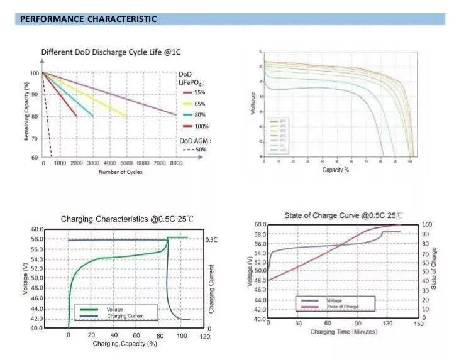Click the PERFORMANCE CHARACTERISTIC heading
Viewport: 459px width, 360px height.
pyautogui.click(x=88, y=19)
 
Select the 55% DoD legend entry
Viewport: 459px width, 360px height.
pyautogui.click(x=200, y=92)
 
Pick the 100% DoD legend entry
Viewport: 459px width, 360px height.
pyautogui.click(x=201, y=126)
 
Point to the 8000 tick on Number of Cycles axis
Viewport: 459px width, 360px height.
pyautogui.click(x=175, y=163)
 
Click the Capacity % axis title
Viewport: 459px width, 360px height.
pyautogui.click(x=335, y=170)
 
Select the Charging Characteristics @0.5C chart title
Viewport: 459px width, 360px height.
pyautogui.click(x=127, y=220)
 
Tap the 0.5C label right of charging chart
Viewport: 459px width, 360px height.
pyautogui.click(x=211, y=240)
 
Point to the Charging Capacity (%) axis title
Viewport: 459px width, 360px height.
pyautogui.click(x=124, y=344)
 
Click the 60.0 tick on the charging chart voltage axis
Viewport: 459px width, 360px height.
pyautogui.click(x=36, y=229)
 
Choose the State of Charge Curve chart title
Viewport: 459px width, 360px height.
pyautogui.click(x=343, y=215)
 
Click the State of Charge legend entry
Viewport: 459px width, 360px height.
pyautogui.click(x=343, y=307)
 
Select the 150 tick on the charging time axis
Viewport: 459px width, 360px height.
pyautogui.click(x=419, y=324)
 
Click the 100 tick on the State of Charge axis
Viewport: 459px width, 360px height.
pyautogui.click(x=426, y=225)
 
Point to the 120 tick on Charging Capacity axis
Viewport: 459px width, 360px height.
pyautogui.click(x=204, y=336)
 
